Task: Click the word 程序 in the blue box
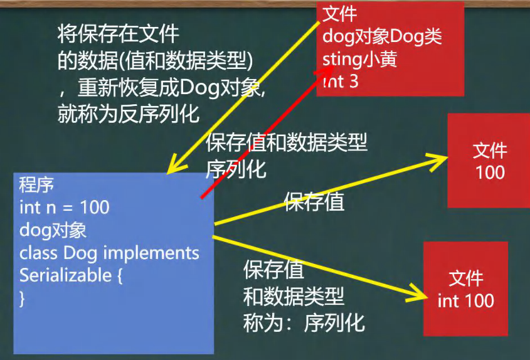tap(36, 184)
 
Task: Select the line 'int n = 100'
tap(64, 207)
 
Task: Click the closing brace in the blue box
tap(23, 299)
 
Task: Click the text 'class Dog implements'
tap(109, 253)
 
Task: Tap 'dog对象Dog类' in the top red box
tap(382, 37)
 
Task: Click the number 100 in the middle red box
tap(490, 172)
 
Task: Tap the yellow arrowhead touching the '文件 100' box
tap(437, 161)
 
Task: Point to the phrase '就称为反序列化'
tap(128, 114)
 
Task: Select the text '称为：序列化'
tap(304, 323)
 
